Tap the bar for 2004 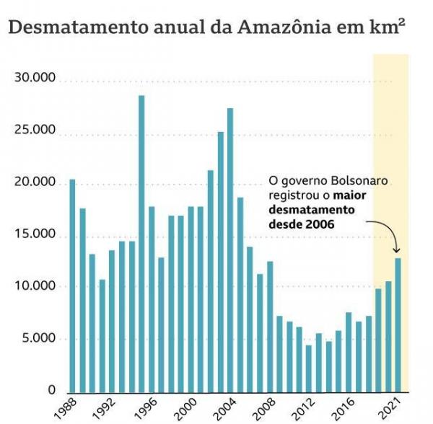[230, 249]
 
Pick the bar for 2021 [398, 324]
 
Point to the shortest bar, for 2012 [309, 368]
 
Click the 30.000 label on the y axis [35, 79]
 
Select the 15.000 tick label [35, 235]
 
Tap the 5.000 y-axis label [38, 339]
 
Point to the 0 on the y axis [51, 391]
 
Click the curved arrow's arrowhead [397, 250]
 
